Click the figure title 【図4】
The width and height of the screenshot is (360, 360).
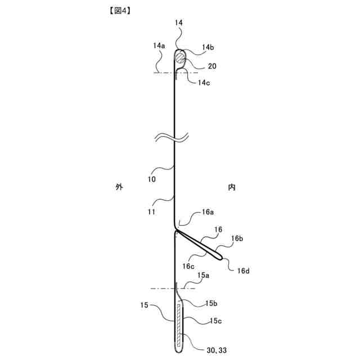[x=115, y=10]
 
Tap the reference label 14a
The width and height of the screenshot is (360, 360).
[x=159, y=46]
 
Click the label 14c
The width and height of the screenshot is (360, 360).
[x=204, y=83]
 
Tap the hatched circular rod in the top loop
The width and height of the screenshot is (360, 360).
[x=179, y=57]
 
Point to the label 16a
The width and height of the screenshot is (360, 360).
[x=208, y=213]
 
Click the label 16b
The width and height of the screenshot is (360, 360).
[x=237, y=238]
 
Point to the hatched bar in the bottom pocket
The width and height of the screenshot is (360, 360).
[x=180, y=325]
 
